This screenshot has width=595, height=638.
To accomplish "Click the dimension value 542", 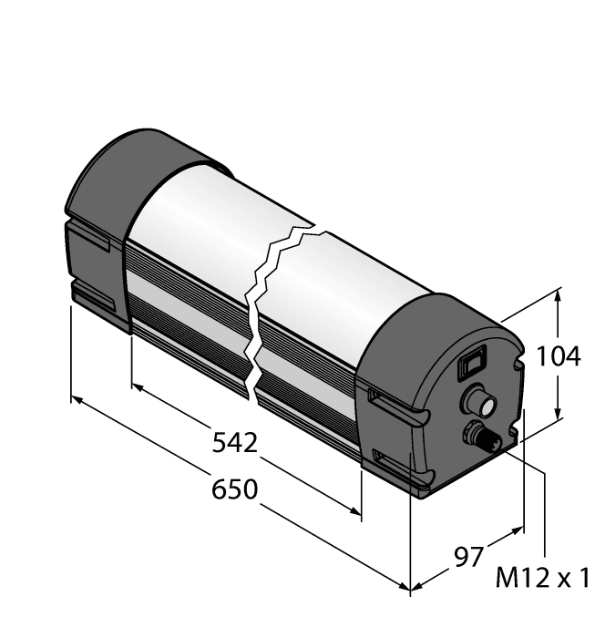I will click(x=234, y=444).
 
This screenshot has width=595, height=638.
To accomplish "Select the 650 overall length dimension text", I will click(x=235, y=489).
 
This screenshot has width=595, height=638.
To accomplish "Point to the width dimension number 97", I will click(x=469, y=556).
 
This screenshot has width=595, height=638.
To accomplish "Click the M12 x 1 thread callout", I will click(x=543, y=578).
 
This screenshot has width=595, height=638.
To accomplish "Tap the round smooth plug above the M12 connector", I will click(x=477, y=398).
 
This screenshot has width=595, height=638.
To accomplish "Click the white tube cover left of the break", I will click(x=182, y=219).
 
